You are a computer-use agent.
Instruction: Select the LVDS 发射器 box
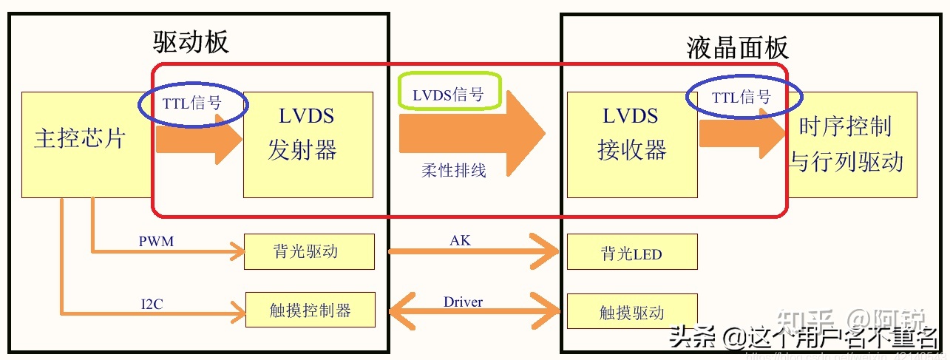tap(308, 144)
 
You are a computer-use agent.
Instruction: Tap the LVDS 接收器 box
tap(631, 144)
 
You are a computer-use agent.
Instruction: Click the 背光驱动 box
tap(309, 251)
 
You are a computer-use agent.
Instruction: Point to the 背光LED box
tap(631, 254)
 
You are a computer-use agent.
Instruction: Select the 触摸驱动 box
tap(631, 312)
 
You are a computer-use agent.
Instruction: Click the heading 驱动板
tap(191, 42)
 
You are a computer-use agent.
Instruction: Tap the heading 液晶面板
tap(737, 48)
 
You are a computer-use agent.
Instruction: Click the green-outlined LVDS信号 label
tap(449, 94)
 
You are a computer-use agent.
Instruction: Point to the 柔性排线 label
tap(454, 171)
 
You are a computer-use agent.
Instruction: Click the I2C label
tap(153, 302)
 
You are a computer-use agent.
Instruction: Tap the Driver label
tap(463, 302)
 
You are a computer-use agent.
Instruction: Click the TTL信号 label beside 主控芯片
tap(192, 103)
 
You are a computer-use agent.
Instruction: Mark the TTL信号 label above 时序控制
tap(742, 97)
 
